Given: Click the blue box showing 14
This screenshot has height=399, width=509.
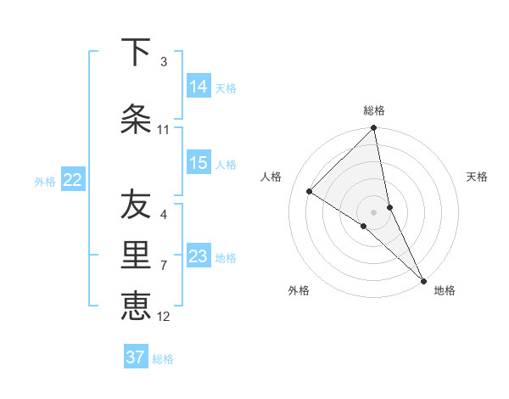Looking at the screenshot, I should point(199,86).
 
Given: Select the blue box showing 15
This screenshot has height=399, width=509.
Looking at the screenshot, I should point(199,163).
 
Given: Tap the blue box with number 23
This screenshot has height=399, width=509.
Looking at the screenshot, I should point(199,256).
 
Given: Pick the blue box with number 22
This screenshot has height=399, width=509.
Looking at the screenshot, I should point(73,180).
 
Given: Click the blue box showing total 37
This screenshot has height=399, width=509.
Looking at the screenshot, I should point(136,357).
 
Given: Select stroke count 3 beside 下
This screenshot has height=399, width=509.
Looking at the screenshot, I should point(163,61).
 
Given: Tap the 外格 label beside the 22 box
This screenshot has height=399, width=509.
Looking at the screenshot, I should point(45,181).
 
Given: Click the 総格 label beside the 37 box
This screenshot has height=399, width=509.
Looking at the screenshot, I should point(163,358).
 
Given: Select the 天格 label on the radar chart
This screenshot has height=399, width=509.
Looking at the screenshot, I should point(478,177).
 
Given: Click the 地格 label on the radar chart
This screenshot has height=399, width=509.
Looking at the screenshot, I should point(445,290).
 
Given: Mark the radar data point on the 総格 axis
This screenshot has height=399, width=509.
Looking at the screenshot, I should point(374,129).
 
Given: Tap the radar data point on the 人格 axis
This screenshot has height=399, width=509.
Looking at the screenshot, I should point(310,191).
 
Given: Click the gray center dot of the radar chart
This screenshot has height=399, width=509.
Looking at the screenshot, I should point(374,211).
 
